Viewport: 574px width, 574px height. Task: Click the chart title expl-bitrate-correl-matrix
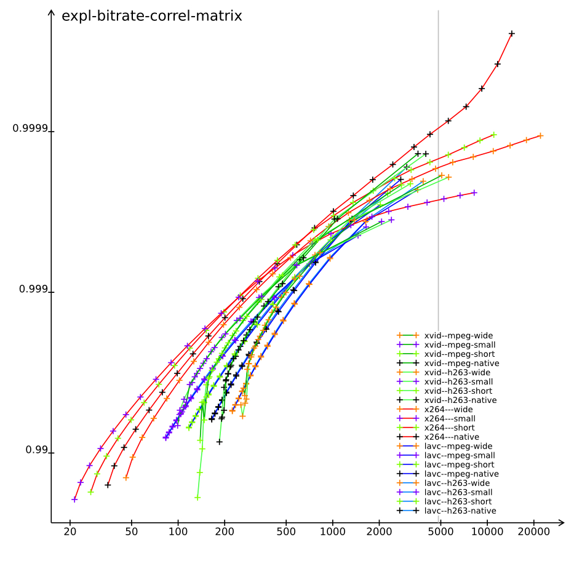[x=151, y=16]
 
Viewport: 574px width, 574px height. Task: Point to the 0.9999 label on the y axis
[x=30, y=129]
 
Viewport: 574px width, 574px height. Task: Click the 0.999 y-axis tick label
[x=33, y=289]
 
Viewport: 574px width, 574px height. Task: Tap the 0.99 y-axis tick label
[x=36, y=450]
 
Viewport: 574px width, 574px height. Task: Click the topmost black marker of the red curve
[x=511, y=33]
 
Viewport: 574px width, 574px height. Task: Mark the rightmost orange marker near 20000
[x=540, y=135]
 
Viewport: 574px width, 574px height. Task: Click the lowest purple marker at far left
[x=74, y=500]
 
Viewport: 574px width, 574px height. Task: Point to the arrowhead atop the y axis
[x=51, y=10]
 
